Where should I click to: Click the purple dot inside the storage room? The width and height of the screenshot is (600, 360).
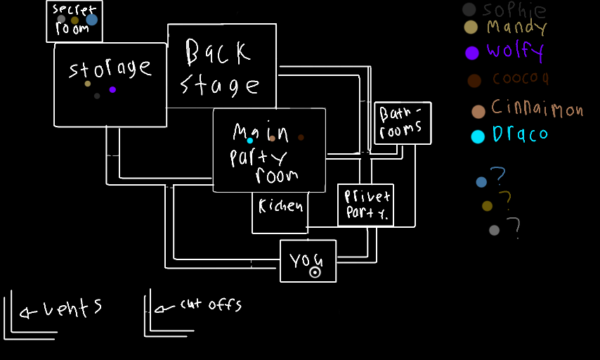(112, 89)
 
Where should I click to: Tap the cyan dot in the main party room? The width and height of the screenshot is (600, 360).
(249, 141)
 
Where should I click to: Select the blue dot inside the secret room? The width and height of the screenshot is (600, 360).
(91, 20)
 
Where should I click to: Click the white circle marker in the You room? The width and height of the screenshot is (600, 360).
(315, 272)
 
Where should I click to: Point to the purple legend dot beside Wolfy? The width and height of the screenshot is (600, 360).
(472, 52)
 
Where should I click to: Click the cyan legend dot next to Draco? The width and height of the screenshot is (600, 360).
(478, 136)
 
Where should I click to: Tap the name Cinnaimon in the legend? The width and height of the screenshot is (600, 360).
(537, 108)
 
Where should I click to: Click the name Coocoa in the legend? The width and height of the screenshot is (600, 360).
(520, 79)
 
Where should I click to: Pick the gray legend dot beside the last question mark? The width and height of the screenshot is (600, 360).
(495, 230)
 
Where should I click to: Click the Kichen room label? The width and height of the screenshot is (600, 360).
(280, 206)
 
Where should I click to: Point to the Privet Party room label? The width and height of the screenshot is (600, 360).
(366, 205)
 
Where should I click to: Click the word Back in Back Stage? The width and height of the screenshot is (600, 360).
(217, 51)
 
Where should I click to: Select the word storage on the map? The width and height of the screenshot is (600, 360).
(110, 69)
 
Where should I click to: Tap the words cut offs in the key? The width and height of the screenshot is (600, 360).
(210, 304)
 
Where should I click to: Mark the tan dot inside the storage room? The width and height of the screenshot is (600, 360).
(88, 84)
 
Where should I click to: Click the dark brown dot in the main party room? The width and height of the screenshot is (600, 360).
(301, 137)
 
